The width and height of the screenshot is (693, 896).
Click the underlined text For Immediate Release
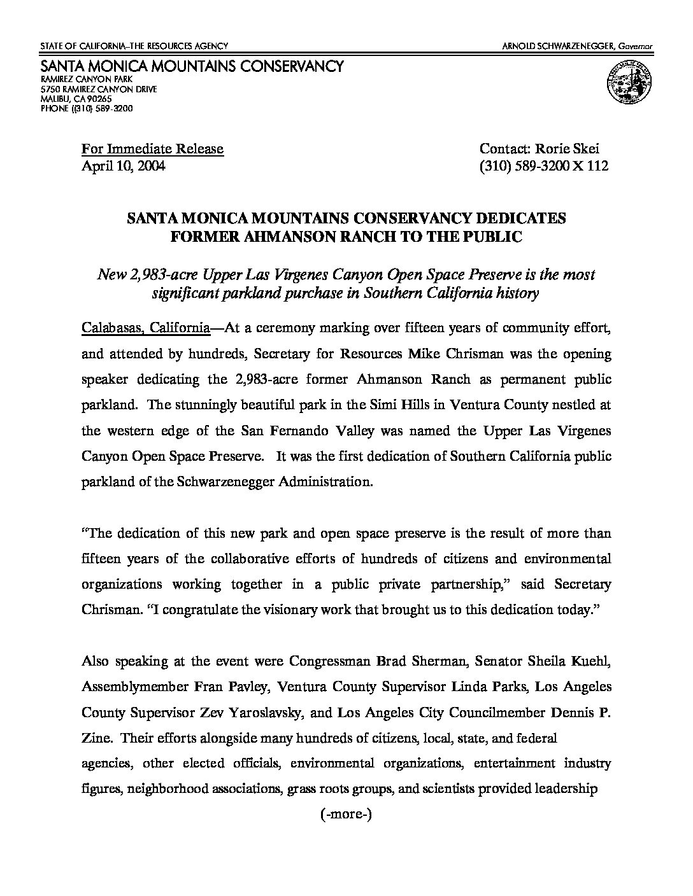pos(152,149)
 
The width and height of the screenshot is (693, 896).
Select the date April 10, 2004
pos(124,166)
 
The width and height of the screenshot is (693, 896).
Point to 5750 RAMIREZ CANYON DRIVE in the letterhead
pos(99,90)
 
